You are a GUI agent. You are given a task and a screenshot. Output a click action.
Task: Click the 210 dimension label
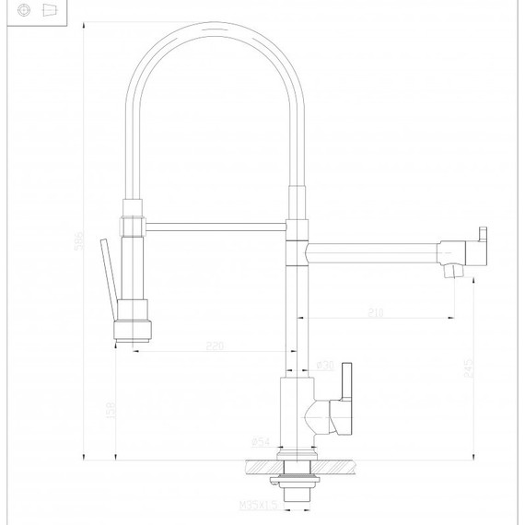point(376,311)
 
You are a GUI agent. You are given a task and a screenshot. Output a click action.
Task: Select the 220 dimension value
point(215,347)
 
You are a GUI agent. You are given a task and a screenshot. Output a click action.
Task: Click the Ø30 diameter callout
point(324,366)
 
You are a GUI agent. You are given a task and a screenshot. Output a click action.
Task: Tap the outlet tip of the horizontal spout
point(450,271)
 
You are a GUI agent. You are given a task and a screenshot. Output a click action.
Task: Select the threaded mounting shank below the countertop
point(295,489)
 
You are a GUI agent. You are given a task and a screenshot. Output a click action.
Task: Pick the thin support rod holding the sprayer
point(216,224)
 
